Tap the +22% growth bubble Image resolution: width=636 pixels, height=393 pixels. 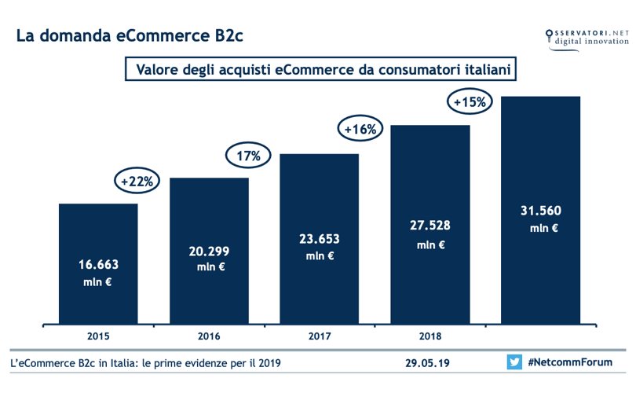click(x=138, y=181)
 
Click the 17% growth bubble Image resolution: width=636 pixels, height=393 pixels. click(x=249, y=155)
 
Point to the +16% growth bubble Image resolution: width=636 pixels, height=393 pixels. click(x=360, y=128)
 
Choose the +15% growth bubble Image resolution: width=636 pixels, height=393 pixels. click(x=470, y=101)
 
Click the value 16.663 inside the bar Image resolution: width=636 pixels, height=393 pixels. click(x=98, y=265)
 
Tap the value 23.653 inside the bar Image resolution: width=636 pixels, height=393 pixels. click(x=319, y=237)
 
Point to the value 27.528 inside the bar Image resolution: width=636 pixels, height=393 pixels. click(x=429, y=226)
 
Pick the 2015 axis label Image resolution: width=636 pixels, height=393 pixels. click(x=98, y=336)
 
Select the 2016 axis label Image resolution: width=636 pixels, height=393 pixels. click(x=209, y=336)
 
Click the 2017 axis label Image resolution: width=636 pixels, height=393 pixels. click(x=319, y=336)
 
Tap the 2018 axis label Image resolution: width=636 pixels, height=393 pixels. click(x=429, y=336)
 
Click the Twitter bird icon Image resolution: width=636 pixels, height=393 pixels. click(x=514, y=362)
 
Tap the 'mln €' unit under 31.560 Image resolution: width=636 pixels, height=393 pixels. click(x=540, y=229)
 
